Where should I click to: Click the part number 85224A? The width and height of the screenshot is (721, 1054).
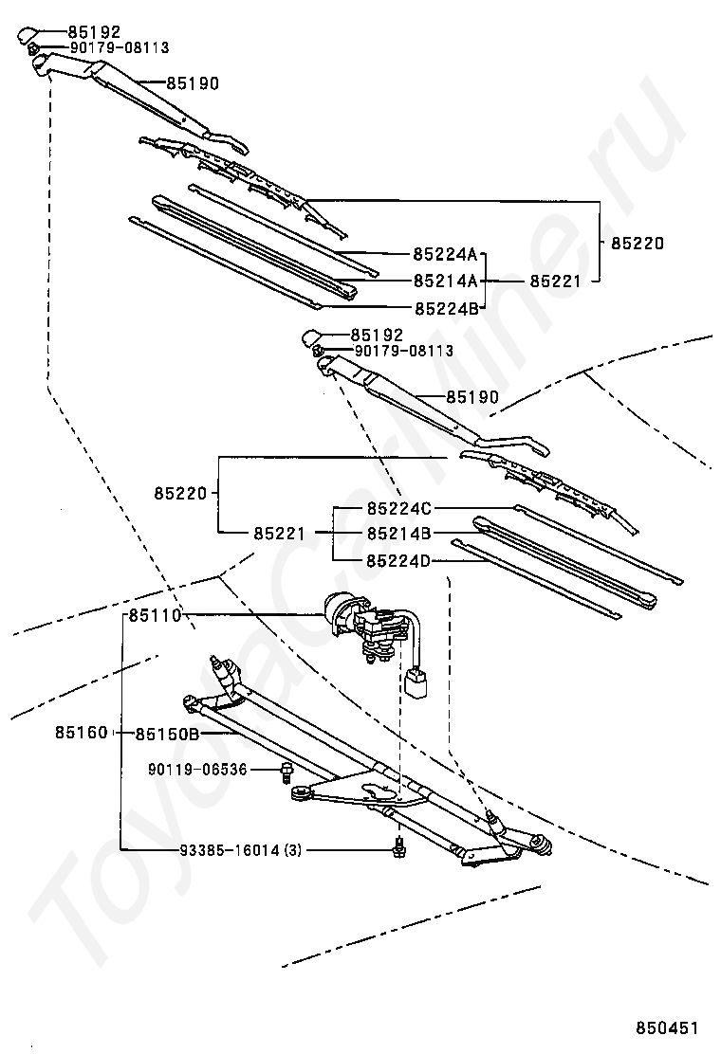coord(445,254)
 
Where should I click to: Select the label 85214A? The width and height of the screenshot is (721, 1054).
coord(445,281)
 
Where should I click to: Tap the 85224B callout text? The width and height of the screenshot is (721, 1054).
coord(446,309)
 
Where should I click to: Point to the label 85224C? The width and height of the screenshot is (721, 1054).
coord(398,509)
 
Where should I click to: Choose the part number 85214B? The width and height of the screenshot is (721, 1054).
coord(398,534)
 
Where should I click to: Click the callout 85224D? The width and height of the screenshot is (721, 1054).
coord(398,560)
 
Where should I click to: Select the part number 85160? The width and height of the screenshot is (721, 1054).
coord(82,733)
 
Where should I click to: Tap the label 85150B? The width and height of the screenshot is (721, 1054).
coord(167,734)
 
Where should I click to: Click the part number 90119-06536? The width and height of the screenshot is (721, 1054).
coord(197,770)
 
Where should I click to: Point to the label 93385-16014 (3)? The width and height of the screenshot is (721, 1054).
coord(241,850)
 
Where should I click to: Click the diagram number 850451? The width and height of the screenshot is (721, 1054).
coord(667,1028)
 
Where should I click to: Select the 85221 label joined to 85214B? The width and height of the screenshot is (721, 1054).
coord(279,534)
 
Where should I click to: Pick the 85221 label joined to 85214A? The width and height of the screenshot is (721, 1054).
coord(555,281)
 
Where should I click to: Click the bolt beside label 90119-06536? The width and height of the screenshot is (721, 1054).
coord(287,772)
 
